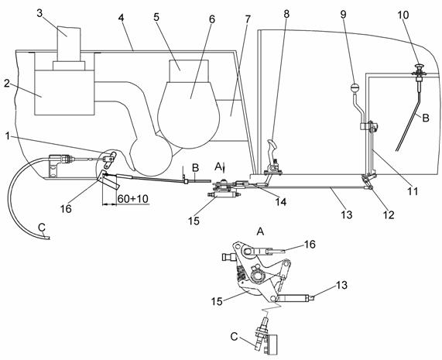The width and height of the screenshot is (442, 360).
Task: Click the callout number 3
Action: pos(39,13)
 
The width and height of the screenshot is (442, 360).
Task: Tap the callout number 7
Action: pos(247,19)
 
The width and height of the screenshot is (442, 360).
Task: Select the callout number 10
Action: pos(403,15)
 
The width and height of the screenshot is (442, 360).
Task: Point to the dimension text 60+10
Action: pos(133,199)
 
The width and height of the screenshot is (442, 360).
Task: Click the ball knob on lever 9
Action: pos(354,87)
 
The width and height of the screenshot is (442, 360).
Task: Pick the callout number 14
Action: pos(281,201)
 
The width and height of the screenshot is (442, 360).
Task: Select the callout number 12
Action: pos(388,215)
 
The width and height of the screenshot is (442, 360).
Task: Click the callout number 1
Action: pos(9,136)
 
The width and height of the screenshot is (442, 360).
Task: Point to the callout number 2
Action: pos(7,84)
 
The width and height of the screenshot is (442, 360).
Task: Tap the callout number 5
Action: pos(156,17)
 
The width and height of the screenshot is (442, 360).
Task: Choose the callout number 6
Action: pos(211,19)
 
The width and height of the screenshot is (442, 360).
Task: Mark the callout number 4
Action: pos(121,18)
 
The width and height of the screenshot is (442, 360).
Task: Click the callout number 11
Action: pos(413,191)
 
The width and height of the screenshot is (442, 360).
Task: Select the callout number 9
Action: pos(343,15)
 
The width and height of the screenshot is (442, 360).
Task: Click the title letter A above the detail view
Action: pos(260,231)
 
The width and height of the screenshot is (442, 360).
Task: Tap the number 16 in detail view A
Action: pos(310,244)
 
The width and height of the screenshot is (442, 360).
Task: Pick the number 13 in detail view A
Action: pos(341,285)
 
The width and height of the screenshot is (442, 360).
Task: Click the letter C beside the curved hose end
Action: pos(42,227)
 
